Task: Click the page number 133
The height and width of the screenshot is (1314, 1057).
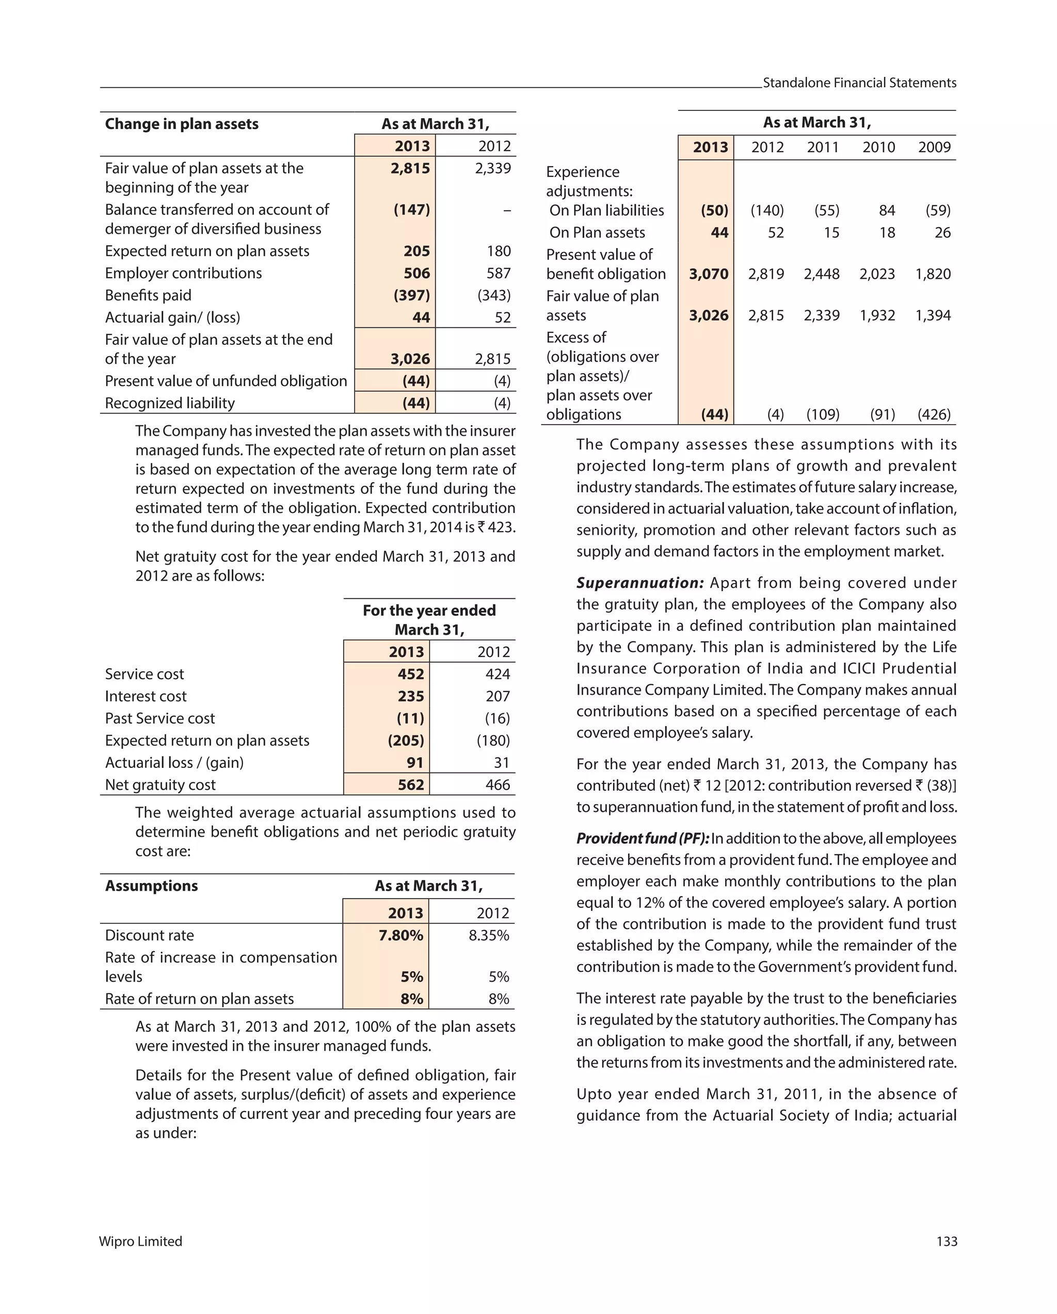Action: click(946, 1241)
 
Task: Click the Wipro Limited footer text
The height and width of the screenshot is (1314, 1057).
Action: click(140, 1241)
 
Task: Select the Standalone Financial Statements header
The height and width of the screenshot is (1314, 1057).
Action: click(859, 83)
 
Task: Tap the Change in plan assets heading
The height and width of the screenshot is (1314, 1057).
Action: click(182, 124)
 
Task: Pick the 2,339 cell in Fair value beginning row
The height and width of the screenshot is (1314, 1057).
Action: click(492, 168)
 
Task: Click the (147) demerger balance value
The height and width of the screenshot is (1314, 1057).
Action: click(411, 210)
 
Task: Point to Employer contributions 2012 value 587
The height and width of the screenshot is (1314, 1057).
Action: click(498, 273)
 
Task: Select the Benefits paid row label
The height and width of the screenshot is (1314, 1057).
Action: click(148, 295)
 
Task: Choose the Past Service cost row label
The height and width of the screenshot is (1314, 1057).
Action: click(159, 718)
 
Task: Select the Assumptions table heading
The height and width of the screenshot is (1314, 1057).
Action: click(151, 886)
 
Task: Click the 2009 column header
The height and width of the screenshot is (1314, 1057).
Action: click(934, 147)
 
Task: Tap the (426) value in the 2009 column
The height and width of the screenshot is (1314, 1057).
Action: click(934, 414)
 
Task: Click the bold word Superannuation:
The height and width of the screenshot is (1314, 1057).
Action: click(639, 583)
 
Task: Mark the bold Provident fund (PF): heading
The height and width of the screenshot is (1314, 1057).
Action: click(643, 838)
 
